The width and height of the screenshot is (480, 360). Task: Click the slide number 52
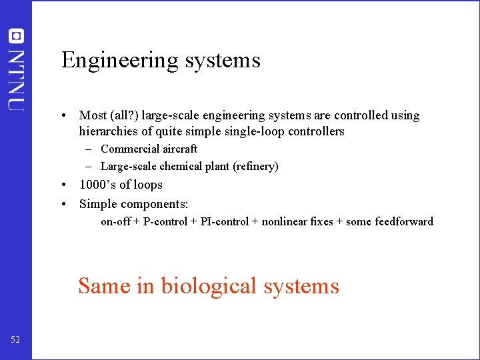tap(15, 340)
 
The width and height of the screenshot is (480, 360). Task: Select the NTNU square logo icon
tap(16, 36)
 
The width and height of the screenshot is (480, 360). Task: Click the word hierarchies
tap(108, 131)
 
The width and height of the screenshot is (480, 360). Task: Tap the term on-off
tap(115, 221)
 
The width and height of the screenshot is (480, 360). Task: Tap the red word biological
tap(209, 286)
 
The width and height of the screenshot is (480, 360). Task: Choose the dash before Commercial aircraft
tap(88, 149)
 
